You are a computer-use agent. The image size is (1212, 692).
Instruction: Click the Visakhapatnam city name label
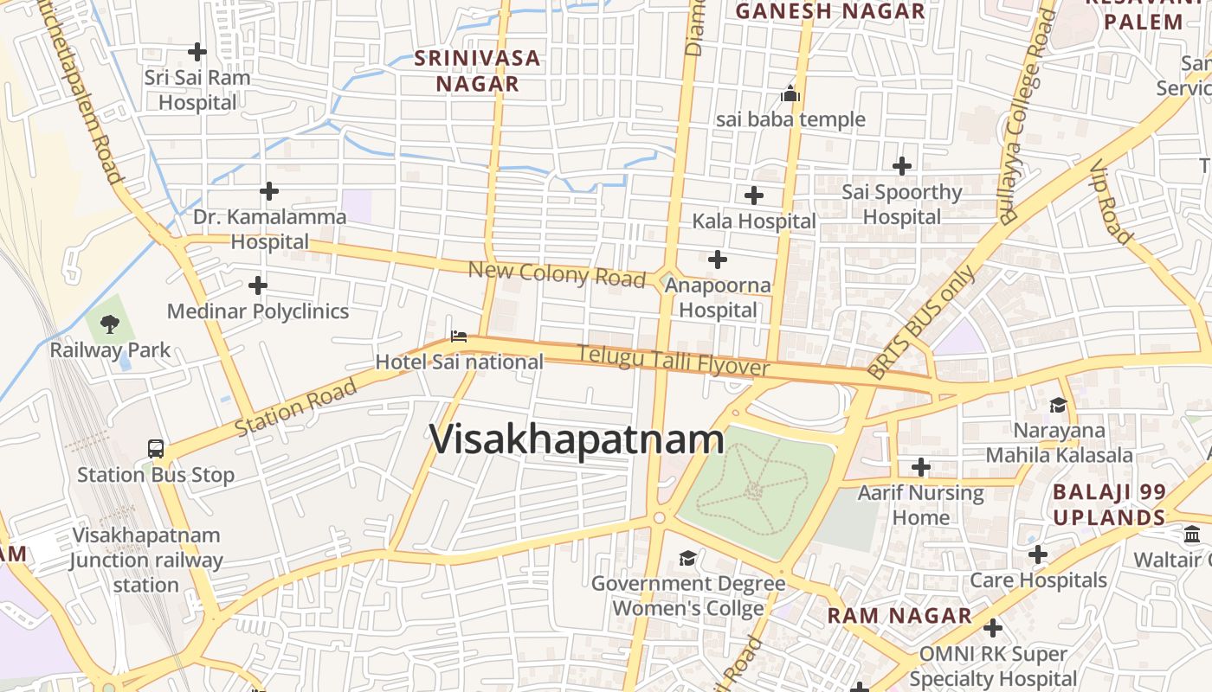577,439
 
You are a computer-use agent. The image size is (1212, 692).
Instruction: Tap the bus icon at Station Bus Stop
156,449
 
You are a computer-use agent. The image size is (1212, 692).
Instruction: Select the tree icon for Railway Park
109,324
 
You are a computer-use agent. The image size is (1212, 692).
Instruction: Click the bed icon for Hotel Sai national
459,336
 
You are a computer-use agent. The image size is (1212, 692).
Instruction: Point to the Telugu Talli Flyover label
674,361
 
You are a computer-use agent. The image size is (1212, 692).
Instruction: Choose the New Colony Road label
557,274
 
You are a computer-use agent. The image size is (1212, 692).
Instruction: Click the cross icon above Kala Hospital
754,195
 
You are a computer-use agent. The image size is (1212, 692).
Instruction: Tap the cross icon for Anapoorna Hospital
717,259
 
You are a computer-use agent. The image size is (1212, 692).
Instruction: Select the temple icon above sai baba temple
790,93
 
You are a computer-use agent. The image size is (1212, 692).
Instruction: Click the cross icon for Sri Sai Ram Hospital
197,52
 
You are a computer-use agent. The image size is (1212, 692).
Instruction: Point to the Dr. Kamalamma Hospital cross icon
269,190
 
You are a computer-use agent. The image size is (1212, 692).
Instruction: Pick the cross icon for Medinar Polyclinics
257,285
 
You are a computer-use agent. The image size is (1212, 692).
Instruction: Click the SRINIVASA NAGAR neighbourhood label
477,71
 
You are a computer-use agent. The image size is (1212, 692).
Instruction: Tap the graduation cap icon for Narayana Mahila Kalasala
1058,405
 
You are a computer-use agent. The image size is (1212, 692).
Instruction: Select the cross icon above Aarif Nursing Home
921,468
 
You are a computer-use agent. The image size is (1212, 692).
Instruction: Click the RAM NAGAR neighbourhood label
899,616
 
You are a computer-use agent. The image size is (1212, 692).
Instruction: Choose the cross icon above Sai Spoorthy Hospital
902,165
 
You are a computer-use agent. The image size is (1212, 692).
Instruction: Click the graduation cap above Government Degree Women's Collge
687,558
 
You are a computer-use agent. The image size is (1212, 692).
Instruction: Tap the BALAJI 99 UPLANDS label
1109,505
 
